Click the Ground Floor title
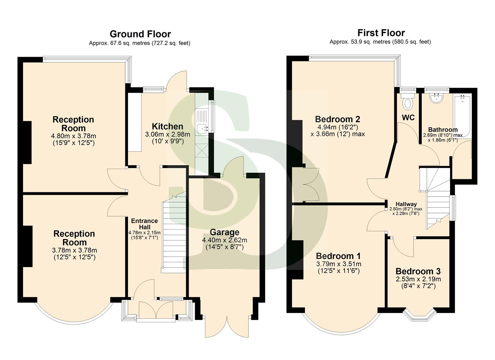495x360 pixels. click(140, 34)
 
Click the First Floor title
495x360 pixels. click(381, 33)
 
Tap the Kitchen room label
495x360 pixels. click(167, 126)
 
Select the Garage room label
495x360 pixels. click(224, 232)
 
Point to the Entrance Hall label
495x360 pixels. click(144, 224)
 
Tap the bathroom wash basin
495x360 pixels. click(436, 98)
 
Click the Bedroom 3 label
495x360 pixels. click(418, 271)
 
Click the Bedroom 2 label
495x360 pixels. click(337, 119)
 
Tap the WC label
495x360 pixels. click(408, 117)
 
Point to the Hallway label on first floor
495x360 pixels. click(406, 204)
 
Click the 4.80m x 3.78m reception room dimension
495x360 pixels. click(73, 136)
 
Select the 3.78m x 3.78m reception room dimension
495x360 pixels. click(74, 250)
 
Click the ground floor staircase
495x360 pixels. click(173, 233)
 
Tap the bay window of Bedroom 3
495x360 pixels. click(419, 316)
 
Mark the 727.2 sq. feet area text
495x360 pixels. click(171, 43)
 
